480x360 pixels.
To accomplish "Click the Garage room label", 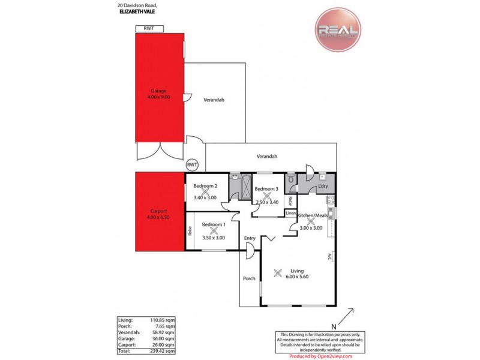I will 158,91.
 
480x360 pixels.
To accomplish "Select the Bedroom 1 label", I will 214,224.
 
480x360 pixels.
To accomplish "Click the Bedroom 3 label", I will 266,189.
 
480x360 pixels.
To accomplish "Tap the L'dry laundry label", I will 322,186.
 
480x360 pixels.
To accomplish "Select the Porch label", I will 250,278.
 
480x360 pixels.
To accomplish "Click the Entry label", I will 250,238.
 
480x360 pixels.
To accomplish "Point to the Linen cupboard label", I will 290,213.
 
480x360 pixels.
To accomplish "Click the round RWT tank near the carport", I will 192,164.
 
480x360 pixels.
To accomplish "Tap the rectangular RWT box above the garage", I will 149,28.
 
